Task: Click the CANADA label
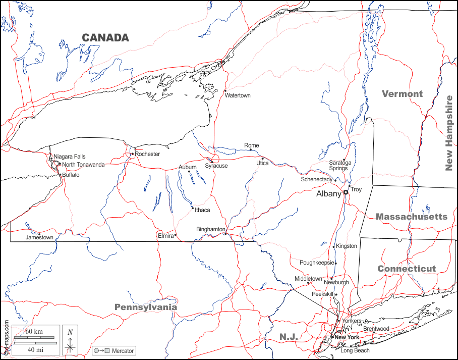pos(105,37)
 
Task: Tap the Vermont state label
pos(402,93)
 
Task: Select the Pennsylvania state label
pos(146,307)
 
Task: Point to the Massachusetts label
pos(411,216)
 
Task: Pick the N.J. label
pos(289,336)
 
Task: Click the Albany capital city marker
pos(346,192)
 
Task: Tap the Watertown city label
pos(238,95)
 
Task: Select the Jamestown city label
pos(39,237)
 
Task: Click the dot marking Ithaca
pos(192,208)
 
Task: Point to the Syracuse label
pos(216,166)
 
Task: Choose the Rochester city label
pos(147,154)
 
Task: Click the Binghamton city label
pos(210,229)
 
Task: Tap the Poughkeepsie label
pos(317,263)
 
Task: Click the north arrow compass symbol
pos(71,340)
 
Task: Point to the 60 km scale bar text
pos(34,331)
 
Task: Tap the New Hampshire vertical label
pos(448,133)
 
